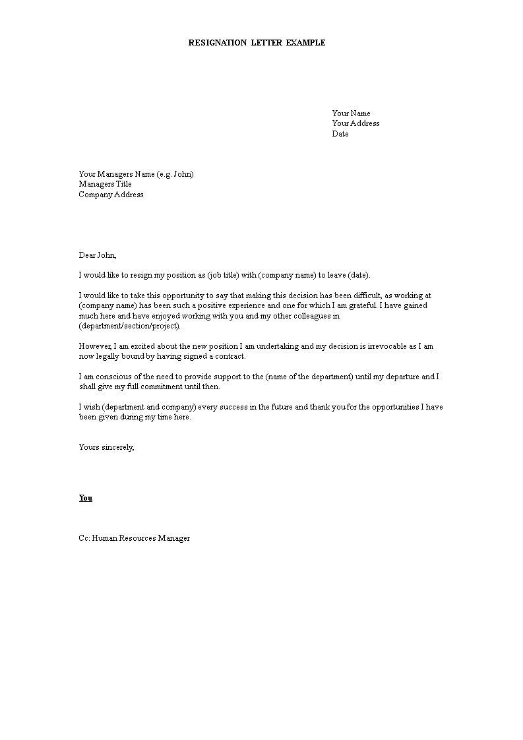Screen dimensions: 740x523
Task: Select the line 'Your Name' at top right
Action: click(351, 113)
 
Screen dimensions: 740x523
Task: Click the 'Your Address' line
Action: click(355, 123)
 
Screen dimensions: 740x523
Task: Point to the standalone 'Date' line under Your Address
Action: click(340, 134)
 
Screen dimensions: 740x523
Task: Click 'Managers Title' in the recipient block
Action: click(105, 185)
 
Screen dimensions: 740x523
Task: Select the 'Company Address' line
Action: click(111, 195)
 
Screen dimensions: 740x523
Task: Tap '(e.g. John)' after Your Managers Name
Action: click(175, 174)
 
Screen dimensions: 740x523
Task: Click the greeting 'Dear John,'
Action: click(98, 255)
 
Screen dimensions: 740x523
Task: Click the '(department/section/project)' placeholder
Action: click(129, 326)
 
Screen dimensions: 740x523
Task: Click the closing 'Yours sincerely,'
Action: click(106, 447)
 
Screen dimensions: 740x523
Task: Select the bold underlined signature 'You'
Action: click(86, 498)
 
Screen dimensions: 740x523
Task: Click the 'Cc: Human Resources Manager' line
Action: click(135, 538)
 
